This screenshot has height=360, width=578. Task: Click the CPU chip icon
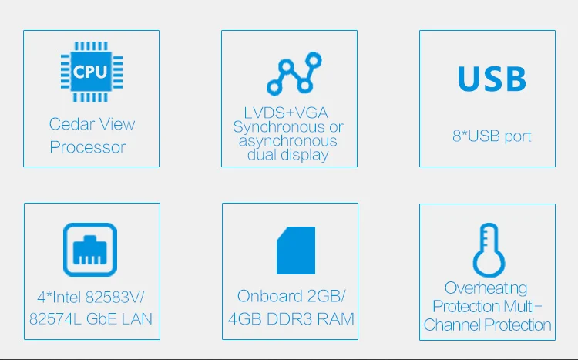(92, 72)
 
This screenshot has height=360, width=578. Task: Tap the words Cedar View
(92, 124)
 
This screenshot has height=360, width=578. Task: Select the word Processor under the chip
(88, 147)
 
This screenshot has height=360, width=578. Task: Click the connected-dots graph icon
(294, 73)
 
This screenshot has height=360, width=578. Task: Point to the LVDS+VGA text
(286, 113)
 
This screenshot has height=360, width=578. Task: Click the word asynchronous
(288, 141)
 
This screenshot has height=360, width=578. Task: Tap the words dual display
(288, 155)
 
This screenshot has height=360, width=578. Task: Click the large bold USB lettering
(492, 79)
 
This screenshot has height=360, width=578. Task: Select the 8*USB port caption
(492, 136)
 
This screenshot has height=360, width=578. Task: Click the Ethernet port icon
(90, 250)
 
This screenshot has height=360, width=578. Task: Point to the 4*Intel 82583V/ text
(91, 297)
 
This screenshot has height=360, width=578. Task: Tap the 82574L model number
(55, 319)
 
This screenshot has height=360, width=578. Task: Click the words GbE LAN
(119, 319)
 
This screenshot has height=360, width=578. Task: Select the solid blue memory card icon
(296, 251)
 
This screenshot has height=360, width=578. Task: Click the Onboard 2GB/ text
(291, 296)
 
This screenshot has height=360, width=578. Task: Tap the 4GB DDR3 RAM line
(291, 319)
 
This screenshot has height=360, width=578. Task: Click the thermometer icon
(489, 250)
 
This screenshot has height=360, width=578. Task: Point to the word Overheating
(486, 288)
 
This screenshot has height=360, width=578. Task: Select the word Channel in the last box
(452, 325)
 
